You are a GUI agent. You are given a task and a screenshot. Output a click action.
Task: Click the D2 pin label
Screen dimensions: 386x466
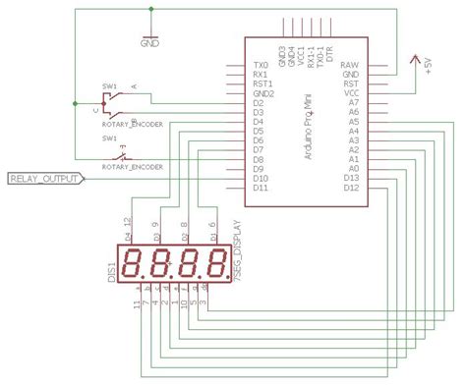coord(258,101)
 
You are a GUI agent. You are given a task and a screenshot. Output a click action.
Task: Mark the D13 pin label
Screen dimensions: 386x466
coord(350,178)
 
